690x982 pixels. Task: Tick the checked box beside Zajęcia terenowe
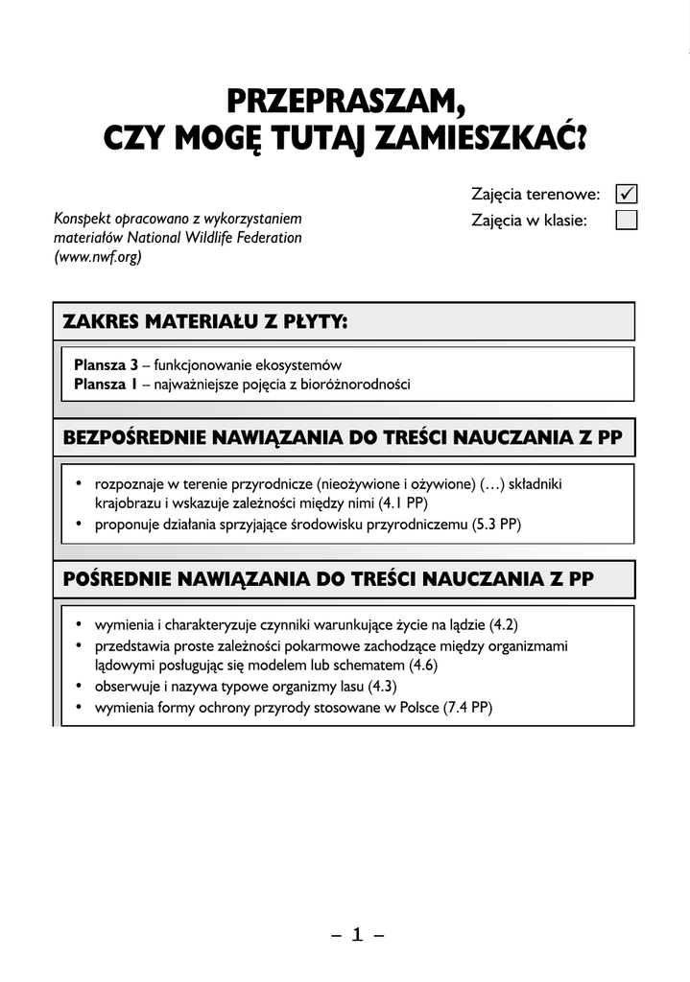pos(627,194)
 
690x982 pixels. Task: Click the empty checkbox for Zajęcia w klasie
pos(627,221)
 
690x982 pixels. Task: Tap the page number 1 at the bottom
pos(357,935)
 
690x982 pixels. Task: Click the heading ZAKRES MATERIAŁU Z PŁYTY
pos(204,321)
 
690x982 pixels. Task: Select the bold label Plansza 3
pos(107,365)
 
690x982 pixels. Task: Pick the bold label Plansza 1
pos(107,385)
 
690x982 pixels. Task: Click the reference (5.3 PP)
pos(497,524)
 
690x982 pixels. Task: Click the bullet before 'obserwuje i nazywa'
pos(79,688)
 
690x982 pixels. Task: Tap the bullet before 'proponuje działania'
pos(79,525)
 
